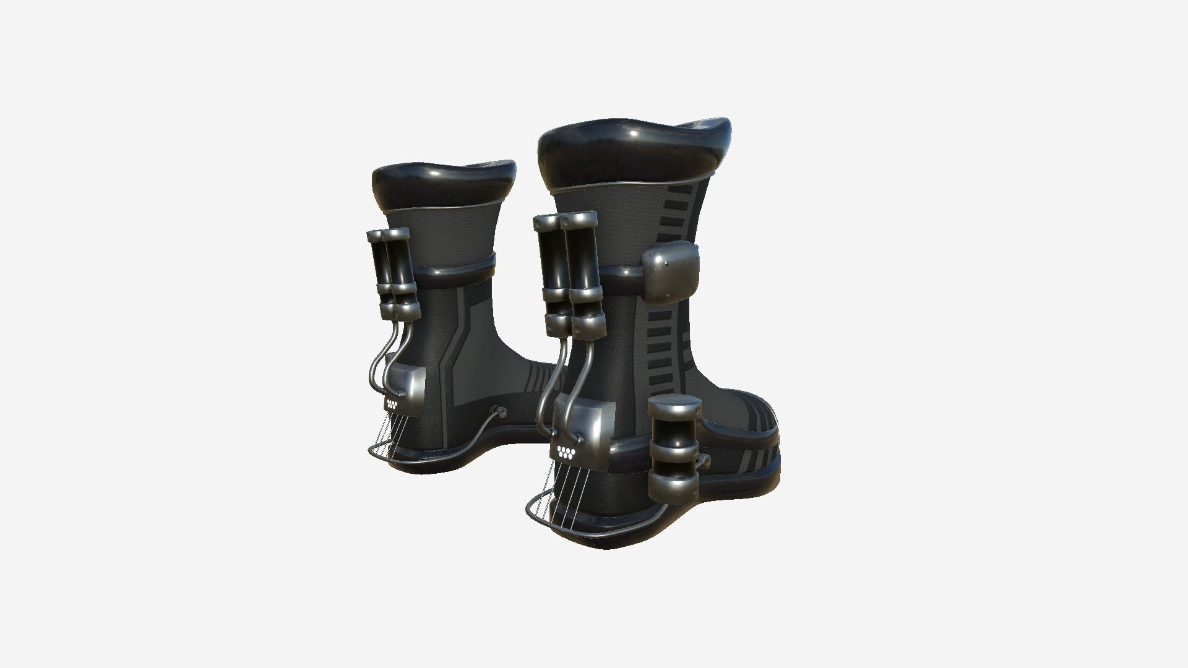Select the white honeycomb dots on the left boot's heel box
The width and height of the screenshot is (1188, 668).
[x=392, y=405]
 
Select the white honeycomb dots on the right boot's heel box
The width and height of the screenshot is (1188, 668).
[x=566, y=451]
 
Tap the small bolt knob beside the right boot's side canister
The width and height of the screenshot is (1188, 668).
[x=704, y=461]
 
